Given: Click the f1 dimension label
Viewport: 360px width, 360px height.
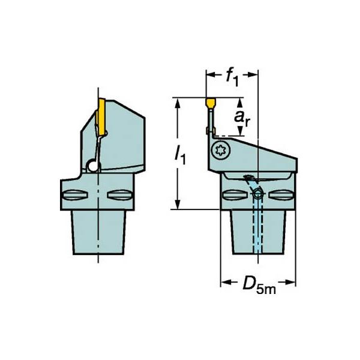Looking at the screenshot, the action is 232,78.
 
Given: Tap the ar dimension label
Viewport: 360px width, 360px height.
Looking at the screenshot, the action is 241,118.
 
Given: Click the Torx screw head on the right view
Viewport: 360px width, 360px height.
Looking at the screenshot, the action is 220,151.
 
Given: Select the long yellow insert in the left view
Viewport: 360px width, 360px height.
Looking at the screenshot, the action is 101,117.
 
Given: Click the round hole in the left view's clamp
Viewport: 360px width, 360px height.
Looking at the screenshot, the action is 93,166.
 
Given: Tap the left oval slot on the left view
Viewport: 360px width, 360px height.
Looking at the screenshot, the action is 75,195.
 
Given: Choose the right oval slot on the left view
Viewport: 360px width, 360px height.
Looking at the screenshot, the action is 120,195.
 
